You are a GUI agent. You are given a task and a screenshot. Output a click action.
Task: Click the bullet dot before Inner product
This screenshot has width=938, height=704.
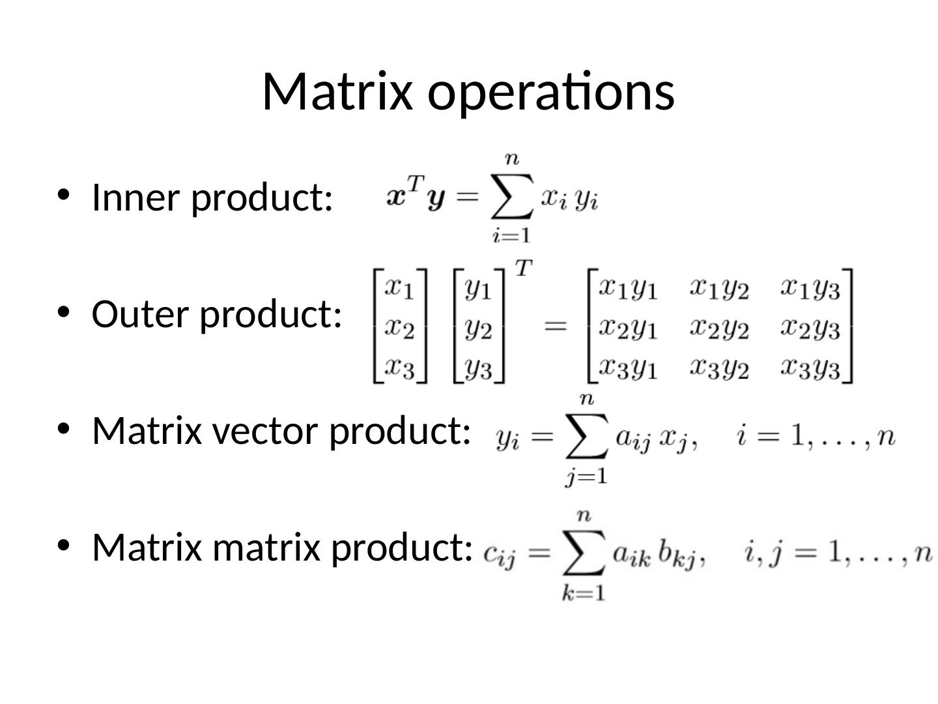63,194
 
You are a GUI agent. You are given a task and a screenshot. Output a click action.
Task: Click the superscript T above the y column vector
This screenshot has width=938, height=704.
523,267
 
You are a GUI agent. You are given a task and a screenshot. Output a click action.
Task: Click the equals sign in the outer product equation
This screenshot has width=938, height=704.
555,325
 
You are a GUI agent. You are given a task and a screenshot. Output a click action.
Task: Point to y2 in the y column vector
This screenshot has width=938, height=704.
479,329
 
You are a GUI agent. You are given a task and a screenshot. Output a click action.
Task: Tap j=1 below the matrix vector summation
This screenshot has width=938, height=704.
586,477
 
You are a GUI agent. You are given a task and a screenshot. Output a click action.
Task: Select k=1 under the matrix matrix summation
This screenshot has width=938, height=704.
584,593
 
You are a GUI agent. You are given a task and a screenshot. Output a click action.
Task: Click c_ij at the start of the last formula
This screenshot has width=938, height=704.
500,555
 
